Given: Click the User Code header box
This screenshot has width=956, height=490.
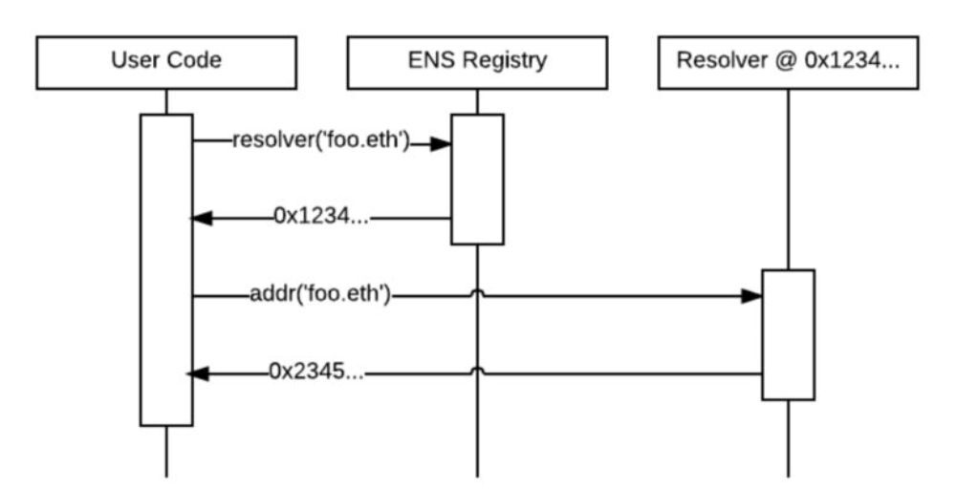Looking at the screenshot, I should click(165, 62).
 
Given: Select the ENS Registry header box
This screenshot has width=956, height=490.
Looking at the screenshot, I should click(476, 62).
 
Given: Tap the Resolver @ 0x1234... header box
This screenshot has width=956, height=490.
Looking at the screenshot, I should click(789, 62).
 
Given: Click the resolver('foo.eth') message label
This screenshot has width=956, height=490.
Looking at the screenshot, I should click(320, 142).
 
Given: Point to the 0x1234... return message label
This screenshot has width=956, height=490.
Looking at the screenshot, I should click(318, 217).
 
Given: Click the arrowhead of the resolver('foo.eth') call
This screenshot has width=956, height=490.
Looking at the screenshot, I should click(441, 143).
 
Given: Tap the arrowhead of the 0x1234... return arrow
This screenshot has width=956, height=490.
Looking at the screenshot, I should click(202, 219).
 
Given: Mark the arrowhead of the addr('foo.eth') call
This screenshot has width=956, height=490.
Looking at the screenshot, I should click(751, 296).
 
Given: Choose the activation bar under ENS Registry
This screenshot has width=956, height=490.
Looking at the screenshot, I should click(477, 180).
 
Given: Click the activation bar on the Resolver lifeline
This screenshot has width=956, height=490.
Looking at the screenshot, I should click(788, 334).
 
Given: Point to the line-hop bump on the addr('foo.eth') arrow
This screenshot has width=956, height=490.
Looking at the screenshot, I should click(477, 292).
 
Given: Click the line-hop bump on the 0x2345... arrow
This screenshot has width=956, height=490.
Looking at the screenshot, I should click(477, 370).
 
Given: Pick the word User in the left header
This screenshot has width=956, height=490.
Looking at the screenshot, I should click(133, 62).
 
